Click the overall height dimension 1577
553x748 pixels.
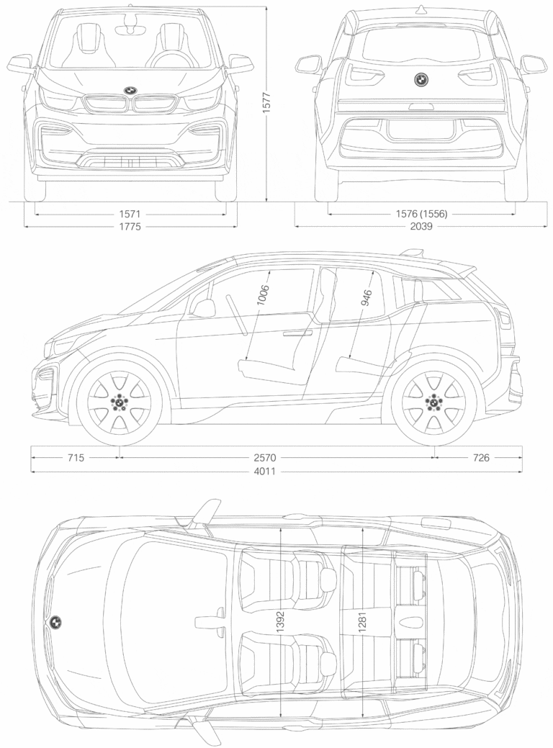tap(266, 102)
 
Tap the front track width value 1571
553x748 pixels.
tap(130, 215)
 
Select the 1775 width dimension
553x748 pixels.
tap(130, 227)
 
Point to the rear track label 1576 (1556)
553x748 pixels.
tap(421, 215)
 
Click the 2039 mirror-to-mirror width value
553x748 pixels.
tap(421, 226)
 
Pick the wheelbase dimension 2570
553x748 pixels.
tap(265, 458)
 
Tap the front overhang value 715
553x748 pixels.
tap(76, 458)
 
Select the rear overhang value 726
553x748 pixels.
tap(481, 458)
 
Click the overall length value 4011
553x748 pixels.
tap(265, 472)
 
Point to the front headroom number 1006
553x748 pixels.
tap(263, 294)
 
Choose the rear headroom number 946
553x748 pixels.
tap(367, 297)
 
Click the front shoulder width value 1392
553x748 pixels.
tap(280, 622)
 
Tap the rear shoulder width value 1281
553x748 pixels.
tap(361, 622)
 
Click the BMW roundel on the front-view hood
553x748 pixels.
tap(130, 90)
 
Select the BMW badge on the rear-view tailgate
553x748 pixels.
tap(421, 80)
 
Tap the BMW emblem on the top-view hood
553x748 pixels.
tap(56, 621)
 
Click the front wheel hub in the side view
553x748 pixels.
tap(118, 402)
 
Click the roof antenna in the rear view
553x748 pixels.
tap(421, 9)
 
